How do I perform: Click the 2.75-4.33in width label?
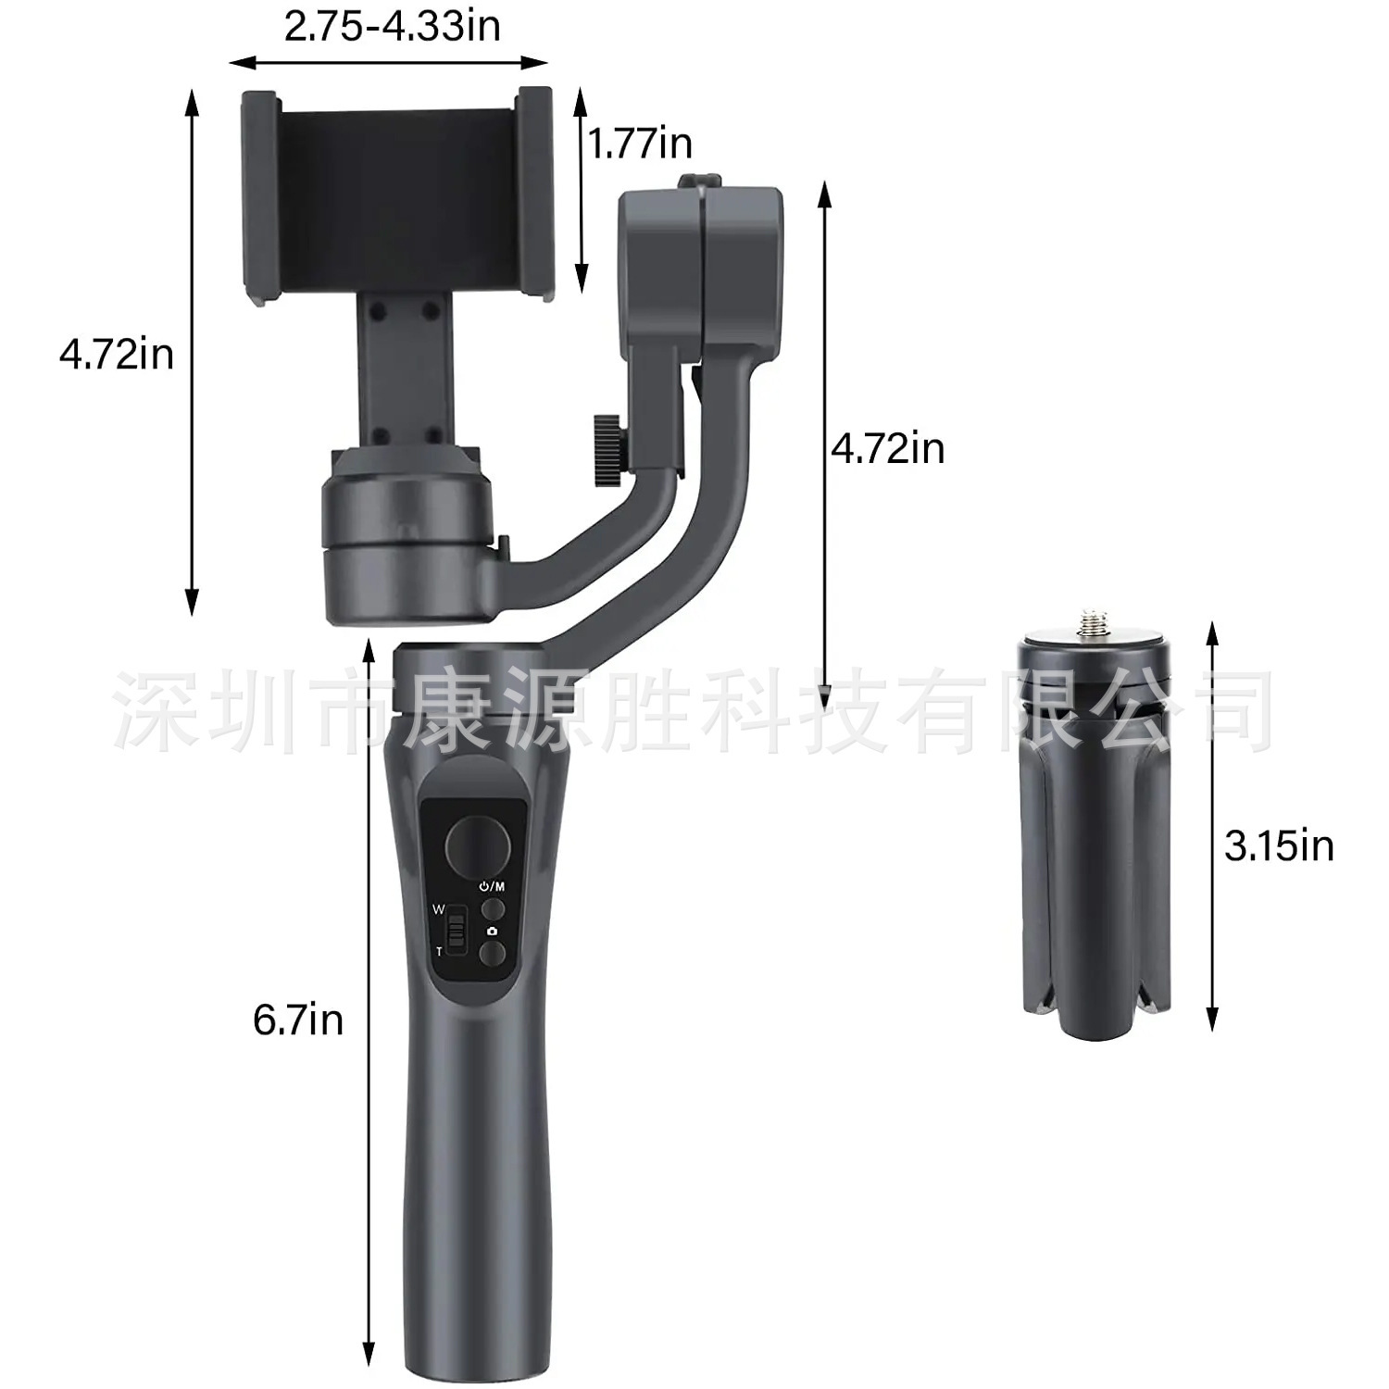392,25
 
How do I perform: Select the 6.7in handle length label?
298,1020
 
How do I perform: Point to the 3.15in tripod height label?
1280,845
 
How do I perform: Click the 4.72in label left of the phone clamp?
117,354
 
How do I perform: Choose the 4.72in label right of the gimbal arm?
887,448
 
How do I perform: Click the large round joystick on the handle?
478,845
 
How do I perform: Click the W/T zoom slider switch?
455,931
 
